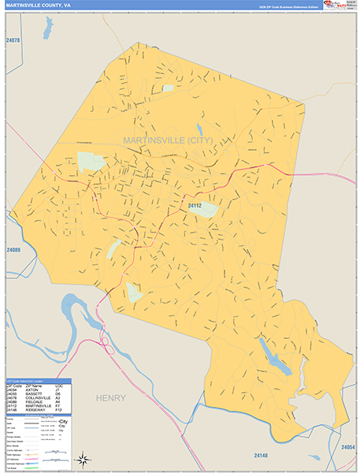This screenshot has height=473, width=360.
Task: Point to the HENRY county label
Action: (111, 398)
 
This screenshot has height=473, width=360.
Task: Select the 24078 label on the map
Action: (13, 40)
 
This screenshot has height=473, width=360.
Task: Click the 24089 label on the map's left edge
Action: (13, 250)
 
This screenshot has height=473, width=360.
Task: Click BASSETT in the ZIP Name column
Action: (32, 393)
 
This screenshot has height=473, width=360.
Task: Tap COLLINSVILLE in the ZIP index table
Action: (36, 398)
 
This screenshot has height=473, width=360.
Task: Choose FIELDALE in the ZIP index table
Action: (32, 402)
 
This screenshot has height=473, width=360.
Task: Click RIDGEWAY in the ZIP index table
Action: (32, 411)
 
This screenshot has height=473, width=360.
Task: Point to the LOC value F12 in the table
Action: (58, 411)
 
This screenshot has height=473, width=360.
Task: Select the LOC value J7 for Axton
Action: (58, 389)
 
